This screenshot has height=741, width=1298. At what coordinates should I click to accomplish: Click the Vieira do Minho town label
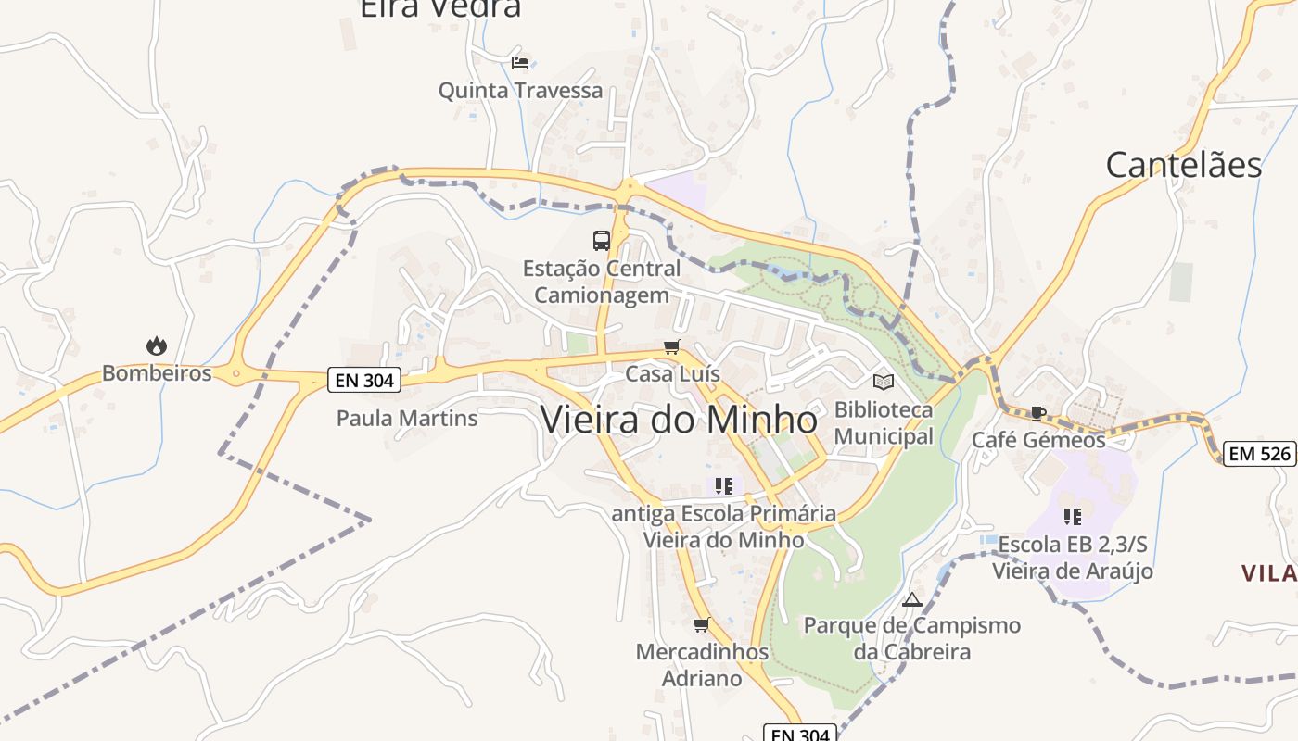(x=679, y=420)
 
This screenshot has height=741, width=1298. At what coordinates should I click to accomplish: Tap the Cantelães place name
(x=1183, y=165)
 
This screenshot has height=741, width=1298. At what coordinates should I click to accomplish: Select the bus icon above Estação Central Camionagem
(x=602, y=241)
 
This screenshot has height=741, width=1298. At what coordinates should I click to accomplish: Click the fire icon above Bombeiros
(x=157, y=346)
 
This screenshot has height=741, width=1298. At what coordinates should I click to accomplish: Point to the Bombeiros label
(x=157, y=373)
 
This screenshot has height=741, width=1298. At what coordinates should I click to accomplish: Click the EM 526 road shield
(x=1259, y=454)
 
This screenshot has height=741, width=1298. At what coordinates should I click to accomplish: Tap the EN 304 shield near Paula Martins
(x=363, y=380)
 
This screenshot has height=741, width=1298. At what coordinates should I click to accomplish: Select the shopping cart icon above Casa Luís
(x=672, y=347)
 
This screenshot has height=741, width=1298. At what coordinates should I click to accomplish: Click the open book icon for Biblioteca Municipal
(x=884, y=382)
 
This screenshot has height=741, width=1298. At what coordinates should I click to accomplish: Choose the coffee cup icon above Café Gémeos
(x=1038, y=413)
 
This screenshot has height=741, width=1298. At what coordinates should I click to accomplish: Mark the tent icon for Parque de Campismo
(x=912, y=599)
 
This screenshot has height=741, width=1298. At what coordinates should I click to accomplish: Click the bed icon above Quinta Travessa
(x=520, y=63)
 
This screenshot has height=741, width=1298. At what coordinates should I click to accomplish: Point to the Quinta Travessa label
(x=520, y=91)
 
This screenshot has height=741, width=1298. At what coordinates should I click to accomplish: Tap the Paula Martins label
(x=407, y=418)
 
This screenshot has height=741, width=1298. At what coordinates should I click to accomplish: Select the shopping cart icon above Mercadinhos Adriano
(x=702, y=624)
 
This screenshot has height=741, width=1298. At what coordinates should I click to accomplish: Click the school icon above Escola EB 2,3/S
(x=1073, y=516)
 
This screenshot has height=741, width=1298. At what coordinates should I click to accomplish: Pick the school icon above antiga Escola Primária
(x=724, y=485)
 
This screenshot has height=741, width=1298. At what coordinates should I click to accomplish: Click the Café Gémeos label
(x=1038, y=440)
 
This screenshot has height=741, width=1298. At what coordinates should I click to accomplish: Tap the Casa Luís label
(x=672, y=374)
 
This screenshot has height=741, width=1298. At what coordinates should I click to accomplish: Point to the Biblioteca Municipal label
(x=884, y=422)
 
